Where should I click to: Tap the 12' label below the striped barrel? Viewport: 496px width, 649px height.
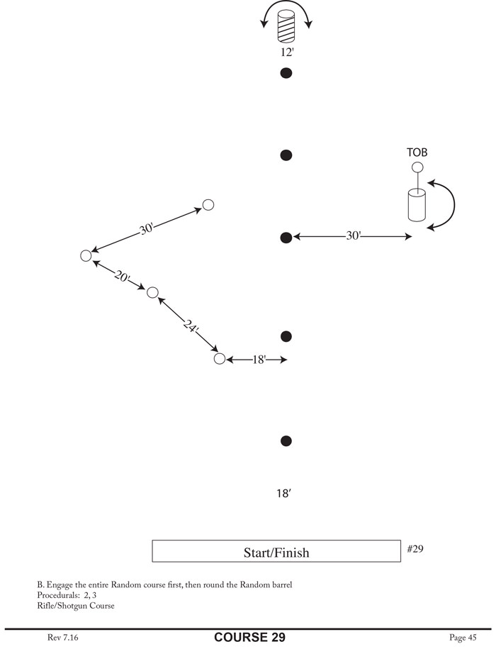tap(286, 52)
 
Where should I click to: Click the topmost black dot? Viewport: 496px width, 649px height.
tap(286, 72)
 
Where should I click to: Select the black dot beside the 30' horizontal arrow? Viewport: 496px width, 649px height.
tap(286, 238)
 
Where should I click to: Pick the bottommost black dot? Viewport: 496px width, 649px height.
tap(286, 441)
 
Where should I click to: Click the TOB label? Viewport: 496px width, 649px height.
tap(417, 152)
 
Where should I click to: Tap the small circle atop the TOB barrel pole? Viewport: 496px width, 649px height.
tap(417, 167)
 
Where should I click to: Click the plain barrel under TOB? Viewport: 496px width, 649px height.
tap(417, 206)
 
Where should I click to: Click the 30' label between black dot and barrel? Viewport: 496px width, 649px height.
tap(354, 236)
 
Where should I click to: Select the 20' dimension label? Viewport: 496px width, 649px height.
tap(122, 277)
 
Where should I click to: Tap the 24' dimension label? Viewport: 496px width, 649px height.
tap(190, 326)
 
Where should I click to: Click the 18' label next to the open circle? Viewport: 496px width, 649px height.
tap(259, 360)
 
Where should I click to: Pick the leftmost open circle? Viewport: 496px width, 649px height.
tap(86, 255)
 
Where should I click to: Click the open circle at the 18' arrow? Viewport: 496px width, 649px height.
tap(220, 359)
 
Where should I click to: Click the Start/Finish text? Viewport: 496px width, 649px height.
tap(276, 552)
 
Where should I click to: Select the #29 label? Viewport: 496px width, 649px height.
tap(416, 548)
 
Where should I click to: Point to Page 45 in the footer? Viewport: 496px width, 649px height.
tap(463, 638)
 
